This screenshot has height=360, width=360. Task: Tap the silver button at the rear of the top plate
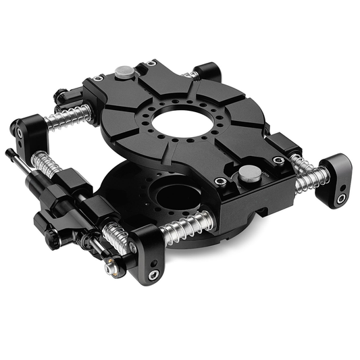[124, 71]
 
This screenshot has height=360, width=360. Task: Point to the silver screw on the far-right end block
[341, 198]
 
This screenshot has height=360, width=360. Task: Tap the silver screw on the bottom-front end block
[155, 274]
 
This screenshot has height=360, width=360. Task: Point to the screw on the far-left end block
[20, 133]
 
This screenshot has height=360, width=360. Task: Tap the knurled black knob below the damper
[50, 236]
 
